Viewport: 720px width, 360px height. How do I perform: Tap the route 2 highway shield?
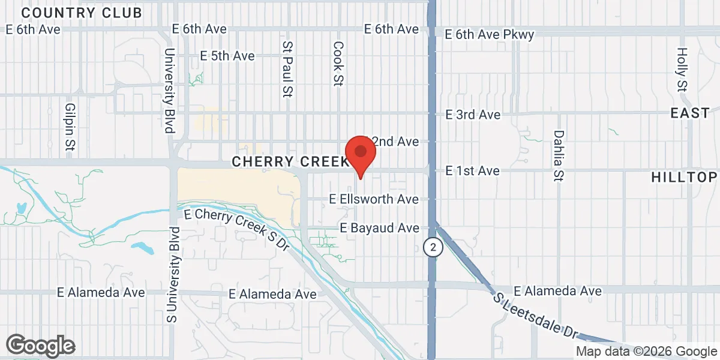click(432, 247)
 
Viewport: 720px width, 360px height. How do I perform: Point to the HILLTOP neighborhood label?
click(684, 177)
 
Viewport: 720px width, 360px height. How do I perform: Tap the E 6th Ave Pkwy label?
click(490, 35)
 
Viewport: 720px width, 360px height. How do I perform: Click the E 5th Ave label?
click(227, 56)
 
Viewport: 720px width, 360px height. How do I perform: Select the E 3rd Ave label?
click(473, 114)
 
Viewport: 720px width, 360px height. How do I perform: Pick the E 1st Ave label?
click(472, 171)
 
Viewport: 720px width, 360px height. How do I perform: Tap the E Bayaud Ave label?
click(379, 228)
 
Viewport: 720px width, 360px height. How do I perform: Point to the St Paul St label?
click(288, 69)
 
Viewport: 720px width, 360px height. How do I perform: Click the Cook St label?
click(338, 64)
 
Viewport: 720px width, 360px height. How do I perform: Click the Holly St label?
click(682, 70)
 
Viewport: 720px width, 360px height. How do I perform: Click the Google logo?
click(40, 346)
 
